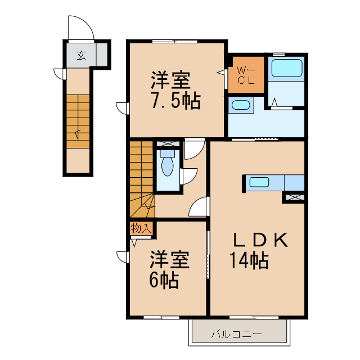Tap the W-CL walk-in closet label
coord(246,75)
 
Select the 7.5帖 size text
coord(175,101)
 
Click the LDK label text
coord(260,241)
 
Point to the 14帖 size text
coord(248,261)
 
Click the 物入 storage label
coord(141,228)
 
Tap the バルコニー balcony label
coord(236,334)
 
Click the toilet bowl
coord(168,166)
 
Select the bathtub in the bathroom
coord(287,69)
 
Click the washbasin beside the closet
coord(241,105)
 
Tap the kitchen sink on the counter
coord(260,182)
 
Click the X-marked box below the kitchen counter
coord(295,197)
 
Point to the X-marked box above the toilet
coord(168,144)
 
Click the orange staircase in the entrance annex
coord(77,121)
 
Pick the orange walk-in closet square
coord(246,75)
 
